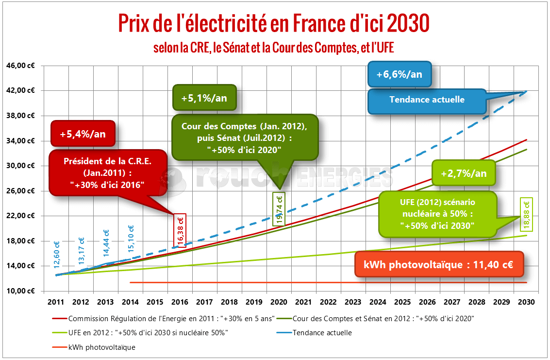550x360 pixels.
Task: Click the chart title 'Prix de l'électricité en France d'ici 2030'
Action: click(x=274, y=23)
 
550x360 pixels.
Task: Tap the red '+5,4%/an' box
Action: click(x=82, y=133)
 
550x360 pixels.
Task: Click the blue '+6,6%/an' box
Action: click(x=399, y=75)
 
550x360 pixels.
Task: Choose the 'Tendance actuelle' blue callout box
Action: click(x=427, y=100)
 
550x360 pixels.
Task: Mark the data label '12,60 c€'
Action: click(x=57, y=255)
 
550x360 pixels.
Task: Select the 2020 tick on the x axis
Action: click(x=279, y=302)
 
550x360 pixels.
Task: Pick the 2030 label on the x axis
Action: click(x=526, y=302)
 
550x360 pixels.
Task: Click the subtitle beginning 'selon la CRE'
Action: click(x=274, y=48)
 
